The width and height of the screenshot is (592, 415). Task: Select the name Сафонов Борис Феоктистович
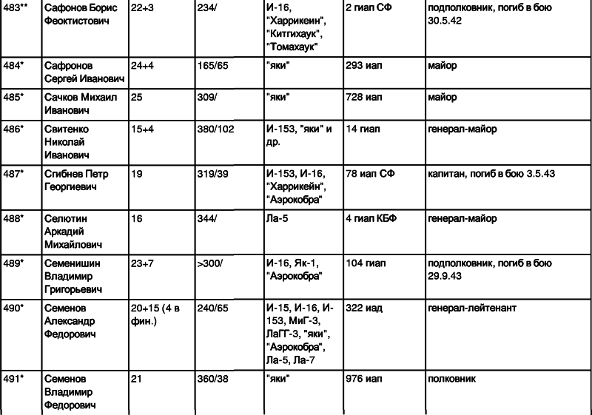pyautogui.click(x=81, y=14)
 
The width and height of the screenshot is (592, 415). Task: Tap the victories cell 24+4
pyautogui.click(x=142, y=66)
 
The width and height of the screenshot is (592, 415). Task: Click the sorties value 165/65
pyautogui.click(x=212, y=66)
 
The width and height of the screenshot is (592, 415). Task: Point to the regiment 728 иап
pyautogui.click(x=363, y=98)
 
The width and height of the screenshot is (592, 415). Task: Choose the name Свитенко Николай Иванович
pyautogui.click(x=67, y=142)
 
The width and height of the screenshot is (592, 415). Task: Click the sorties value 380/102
pyautogui.click(x=215, y=129)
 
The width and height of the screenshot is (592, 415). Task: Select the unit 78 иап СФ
pyautogui.click(x=370, y=174)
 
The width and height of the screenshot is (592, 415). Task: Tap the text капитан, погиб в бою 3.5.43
pyautogui.click(x=491, y=174)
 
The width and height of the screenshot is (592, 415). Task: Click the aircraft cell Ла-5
pyautogui.click(x=277, y=218)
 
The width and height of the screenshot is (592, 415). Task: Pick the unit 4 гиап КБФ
pyautogui.click(x=371, y=218)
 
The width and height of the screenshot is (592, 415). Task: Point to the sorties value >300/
pyautogui.click(x=210, y=263)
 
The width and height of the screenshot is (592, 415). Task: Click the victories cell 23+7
pyautogui.click(x=142, y=263)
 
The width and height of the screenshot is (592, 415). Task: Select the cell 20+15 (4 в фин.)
pyautogui.click(x=155, y=314)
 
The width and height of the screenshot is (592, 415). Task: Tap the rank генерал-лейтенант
pyautogui.click(x=472, y=308)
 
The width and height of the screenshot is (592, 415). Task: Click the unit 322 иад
pyautogui.click(x=364, y=308)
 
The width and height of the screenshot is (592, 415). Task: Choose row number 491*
pyautogui.click(x=13, y=379)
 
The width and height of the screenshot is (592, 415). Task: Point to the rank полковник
pyautogui.click(x=451, y=379)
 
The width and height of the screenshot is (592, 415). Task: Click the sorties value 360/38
pyautogui.click(x=212, y=379)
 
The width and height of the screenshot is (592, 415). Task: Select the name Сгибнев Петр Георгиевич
pyautogui.click(x=76, y=180)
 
